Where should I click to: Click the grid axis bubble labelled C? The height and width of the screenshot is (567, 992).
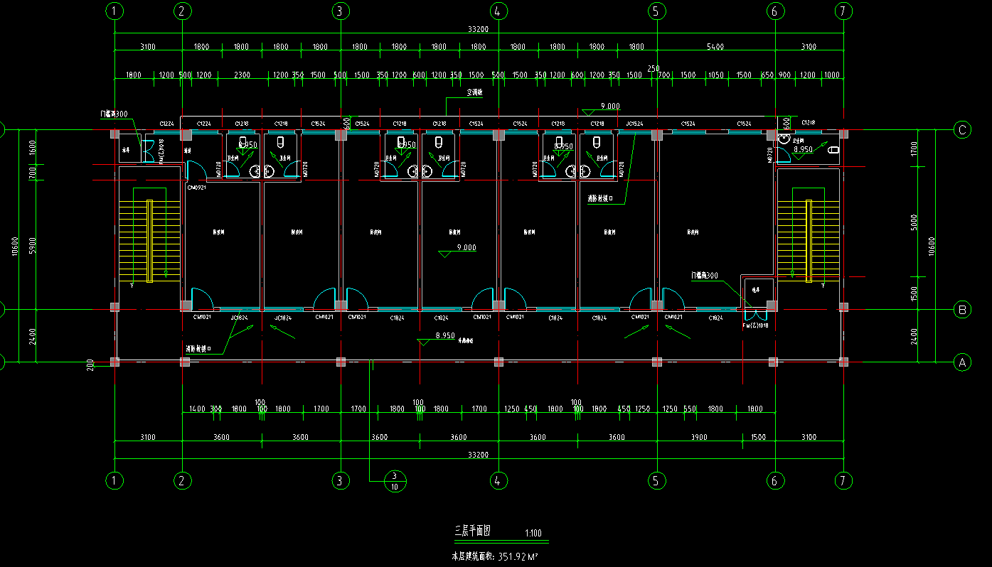click(x=962, y=129)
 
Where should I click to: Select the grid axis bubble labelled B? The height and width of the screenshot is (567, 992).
click(x=962, y=310)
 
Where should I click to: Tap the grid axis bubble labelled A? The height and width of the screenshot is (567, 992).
click(x=962, y=362)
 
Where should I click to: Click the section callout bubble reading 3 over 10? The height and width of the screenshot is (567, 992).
click(x=395, y=481)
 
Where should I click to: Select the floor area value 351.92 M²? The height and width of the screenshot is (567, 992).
click(x=518, y=556)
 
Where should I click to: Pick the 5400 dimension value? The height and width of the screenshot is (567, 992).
click(x=715, y=47)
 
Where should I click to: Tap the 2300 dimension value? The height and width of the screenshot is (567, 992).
click(x=242, y=75)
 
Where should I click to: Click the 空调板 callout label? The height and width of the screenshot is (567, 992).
click(x=475, y=92)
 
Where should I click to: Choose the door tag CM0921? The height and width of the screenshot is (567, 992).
click(x=197, y=188)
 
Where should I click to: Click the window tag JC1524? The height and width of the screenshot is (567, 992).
click(x=634, y=124)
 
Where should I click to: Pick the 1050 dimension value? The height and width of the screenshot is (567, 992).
click(x=715, y=75)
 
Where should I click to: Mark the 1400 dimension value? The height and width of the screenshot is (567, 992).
click(x=198, y=409)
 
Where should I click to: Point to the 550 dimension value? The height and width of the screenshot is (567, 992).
click(x=690, y=409)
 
